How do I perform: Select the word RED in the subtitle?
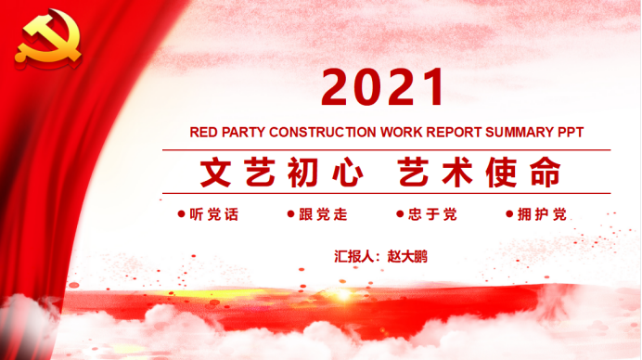click(205, 132)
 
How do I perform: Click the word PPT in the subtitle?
click(569, 132)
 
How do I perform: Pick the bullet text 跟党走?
click(323, 215)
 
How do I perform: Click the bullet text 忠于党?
click(432, 215)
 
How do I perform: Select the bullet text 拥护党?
click(542, 215)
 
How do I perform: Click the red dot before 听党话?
click(181, 215)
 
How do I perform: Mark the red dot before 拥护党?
click(508, 215)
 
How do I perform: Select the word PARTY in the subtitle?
click(246, 132)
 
